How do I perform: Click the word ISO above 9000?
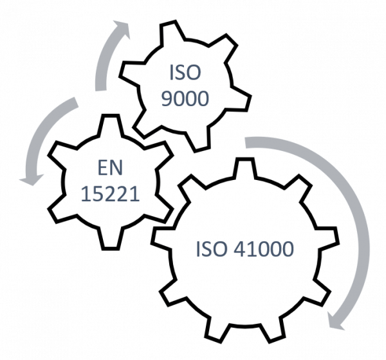tap(185, 73)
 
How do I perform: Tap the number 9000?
tap(185, 98)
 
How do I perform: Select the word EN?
tap(110, 168)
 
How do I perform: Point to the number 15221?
tap(110, 194)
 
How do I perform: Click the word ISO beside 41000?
tap(211, 249)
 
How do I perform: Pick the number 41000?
tap(263, 249)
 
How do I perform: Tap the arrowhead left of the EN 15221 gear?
tap(32, 179)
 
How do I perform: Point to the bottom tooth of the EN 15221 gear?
tap(111, 239)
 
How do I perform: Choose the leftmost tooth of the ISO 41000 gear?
tap(163, 239)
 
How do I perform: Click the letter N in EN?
tap(116, 168)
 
